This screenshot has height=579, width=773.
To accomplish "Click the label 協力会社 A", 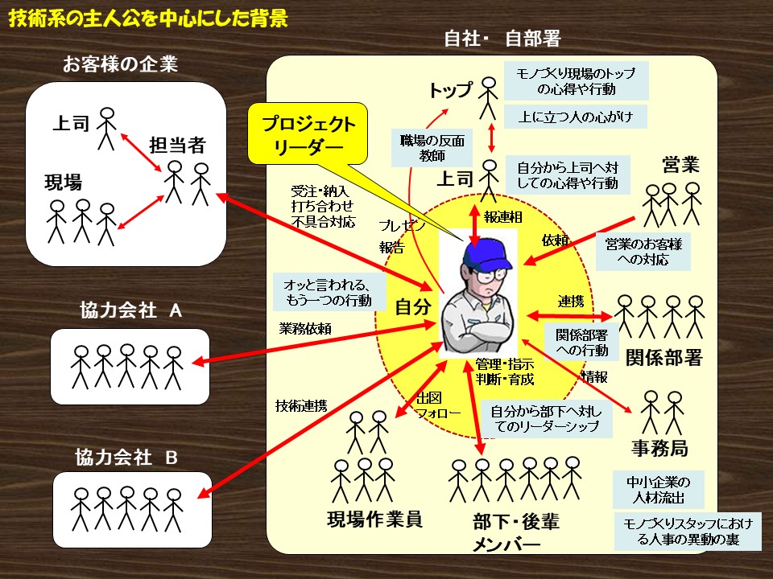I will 130,311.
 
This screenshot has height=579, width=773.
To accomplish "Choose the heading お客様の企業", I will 120,64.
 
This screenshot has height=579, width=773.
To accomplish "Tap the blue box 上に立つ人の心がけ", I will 576,116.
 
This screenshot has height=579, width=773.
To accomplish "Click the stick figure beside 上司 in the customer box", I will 107,128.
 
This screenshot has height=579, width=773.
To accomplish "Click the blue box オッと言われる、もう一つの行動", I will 328,292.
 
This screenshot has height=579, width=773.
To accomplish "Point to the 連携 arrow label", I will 571,302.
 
